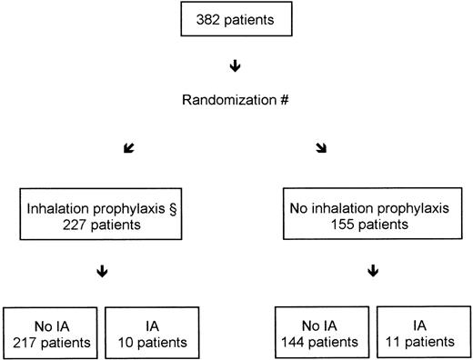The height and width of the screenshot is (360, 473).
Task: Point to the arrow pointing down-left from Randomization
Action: (150, 145)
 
